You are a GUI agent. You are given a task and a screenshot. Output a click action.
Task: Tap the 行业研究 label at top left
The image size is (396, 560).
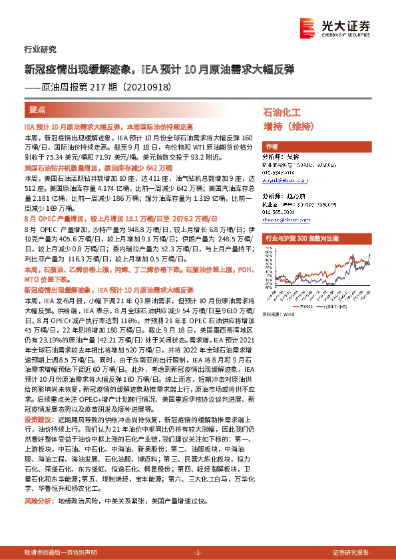click(x=35, y=49)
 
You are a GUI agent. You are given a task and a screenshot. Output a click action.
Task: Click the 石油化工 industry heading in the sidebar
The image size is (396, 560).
click(x=282, y=113)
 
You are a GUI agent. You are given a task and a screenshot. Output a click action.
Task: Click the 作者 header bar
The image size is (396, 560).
click(x=272, y=146)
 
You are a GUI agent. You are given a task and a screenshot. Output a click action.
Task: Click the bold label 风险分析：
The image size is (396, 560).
click(x=39, y=500)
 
